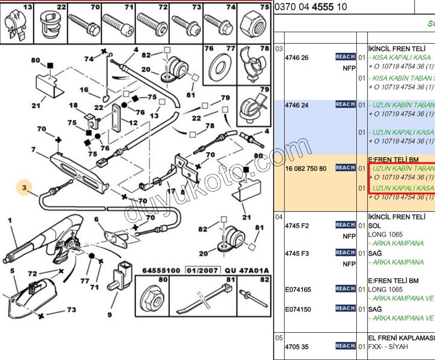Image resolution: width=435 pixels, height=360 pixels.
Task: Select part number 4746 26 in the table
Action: coord(297,58)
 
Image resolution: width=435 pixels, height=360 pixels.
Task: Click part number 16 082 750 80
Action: coord(306,168)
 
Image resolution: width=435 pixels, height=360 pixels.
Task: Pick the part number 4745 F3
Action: coord(297,253)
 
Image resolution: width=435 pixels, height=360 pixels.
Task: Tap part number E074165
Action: coord(298,290)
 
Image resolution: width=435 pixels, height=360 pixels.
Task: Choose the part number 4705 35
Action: coord(297,347)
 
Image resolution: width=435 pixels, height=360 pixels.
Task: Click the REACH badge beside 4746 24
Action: coord(345,104)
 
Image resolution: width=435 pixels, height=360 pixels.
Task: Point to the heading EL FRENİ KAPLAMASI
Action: coord(401,338)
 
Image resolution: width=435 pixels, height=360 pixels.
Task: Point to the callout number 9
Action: coord(109,314)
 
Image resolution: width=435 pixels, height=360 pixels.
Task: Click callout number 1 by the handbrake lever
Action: coord(9,220)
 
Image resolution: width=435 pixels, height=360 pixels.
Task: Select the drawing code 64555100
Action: coord(161,270)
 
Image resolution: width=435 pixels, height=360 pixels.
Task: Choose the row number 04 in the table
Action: coord(279,217)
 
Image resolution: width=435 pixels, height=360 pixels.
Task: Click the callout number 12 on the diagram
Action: coord(133,123)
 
